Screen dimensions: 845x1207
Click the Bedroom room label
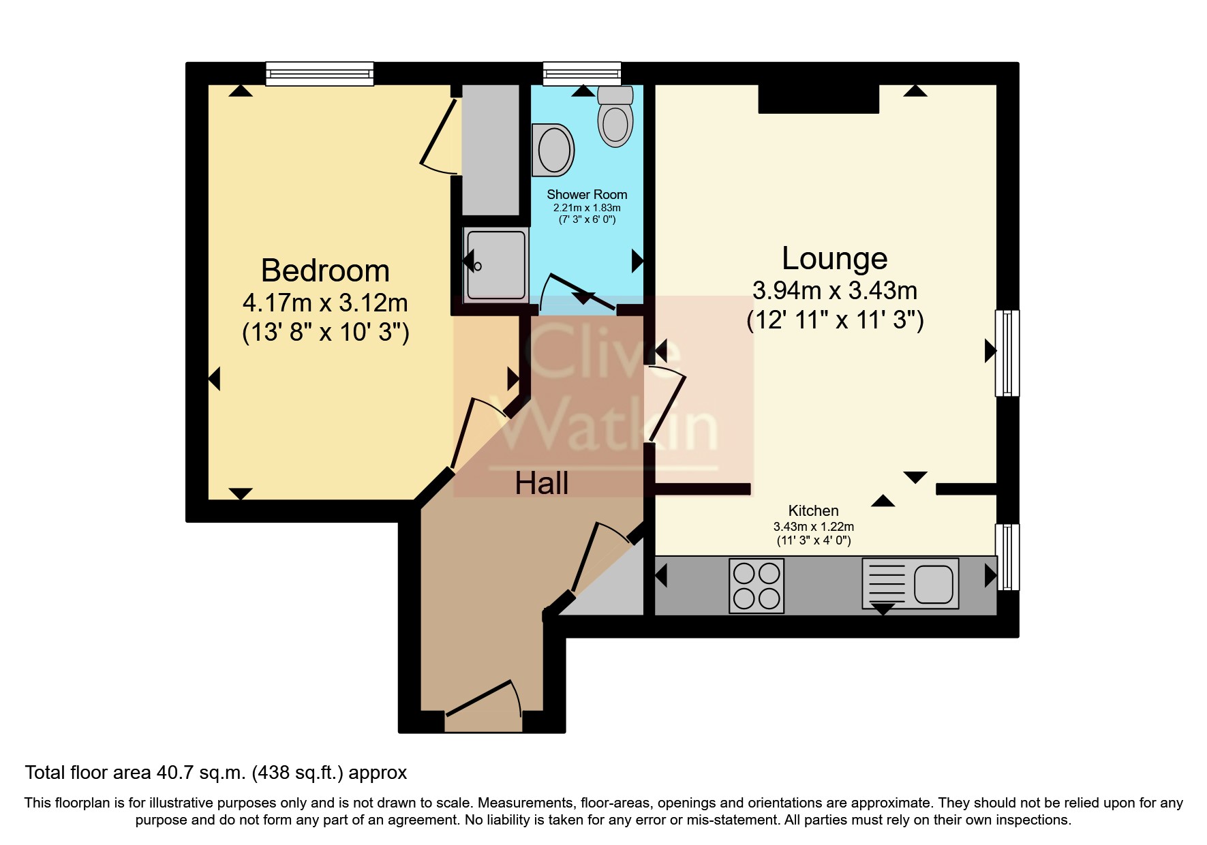tap(325, 271)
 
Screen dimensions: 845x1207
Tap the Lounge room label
tap(834, 259)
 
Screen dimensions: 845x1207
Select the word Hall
tap(541, 484)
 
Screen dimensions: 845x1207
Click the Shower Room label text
tap(586, 195)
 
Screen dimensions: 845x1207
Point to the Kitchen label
tap(813, 510)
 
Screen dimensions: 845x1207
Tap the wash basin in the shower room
tap(553, 149)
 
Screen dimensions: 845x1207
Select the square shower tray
tap(496, 264)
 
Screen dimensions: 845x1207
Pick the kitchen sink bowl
tap(932, 584)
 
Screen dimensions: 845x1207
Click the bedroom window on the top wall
tap(319, 74)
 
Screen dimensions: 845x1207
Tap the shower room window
tap(582, 73)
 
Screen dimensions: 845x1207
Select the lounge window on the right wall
tap(1007, 353)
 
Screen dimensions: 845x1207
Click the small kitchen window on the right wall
tap(1007, 556)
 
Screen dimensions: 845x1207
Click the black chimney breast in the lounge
tap(819, 99)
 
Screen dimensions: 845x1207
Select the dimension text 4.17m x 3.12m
tap(325, 303)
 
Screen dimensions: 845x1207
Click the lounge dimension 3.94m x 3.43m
tap(834, 291)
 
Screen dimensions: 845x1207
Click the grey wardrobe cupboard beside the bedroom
tap(491, 149)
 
